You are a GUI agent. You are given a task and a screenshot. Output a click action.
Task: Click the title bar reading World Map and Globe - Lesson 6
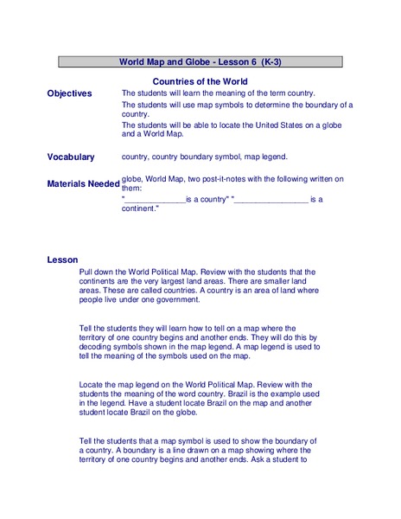pyautogui.click(x=200, y=62)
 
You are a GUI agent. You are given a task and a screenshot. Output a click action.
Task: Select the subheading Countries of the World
pyautogui.click(x=200, y=81)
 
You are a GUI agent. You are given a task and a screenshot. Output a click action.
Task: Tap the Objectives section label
pyautogui.click(x=69, y=93)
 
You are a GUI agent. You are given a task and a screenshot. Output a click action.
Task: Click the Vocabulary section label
pyautogui.click(x=71, y=157)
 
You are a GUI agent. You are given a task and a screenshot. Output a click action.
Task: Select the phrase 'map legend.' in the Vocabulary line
pyautogui.click(x=264, y=157)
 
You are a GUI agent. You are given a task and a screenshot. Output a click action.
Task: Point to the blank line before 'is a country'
pyautogui.click(x=155, y=201)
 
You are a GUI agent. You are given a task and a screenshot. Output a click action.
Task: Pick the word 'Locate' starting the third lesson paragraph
pyautogui.click(x=92, y=385)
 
